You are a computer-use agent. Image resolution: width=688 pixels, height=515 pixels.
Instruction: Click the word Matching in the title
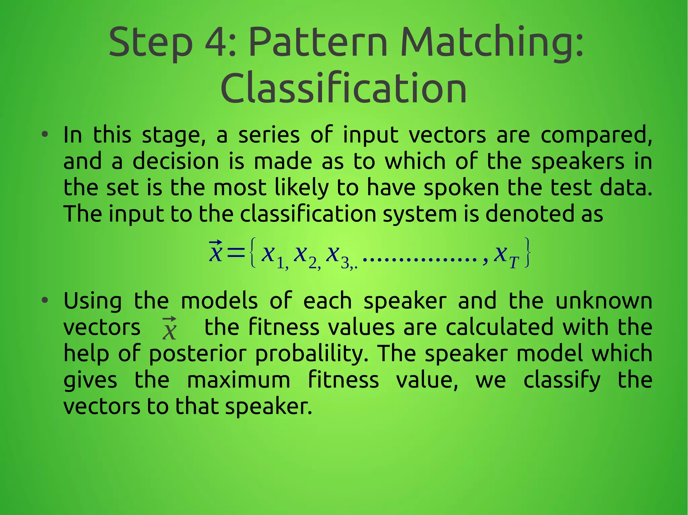coord(492,43)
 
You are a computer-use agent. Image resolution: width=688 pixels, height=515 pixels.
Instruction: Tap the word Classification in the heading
coord(344,89)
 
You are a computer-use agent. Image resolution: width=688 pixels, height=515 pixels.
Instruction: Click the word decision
coord(176,162)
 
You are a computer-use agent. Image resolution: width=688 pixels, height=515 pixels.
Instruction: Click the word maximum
coord(239,380)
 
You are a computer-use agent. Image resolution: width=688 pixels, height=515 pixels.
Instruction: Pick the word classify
coord(562,380)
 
